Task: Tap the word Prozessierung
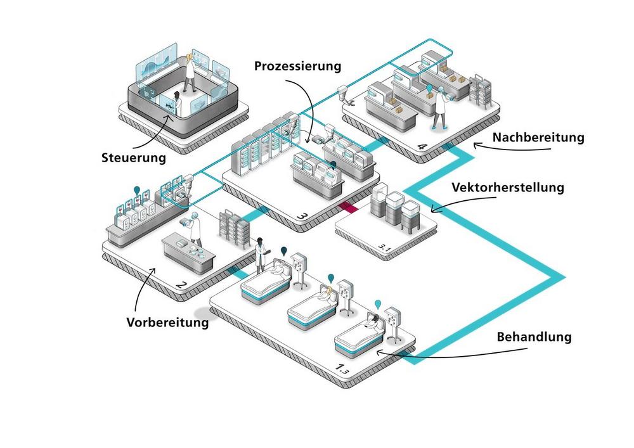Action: click(298, 66)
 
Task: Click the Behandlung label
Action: click(533, 336)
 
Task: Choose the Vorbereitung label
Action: click(167, 323)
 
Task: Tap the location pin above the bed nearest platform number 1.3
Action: click(378, 303)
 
